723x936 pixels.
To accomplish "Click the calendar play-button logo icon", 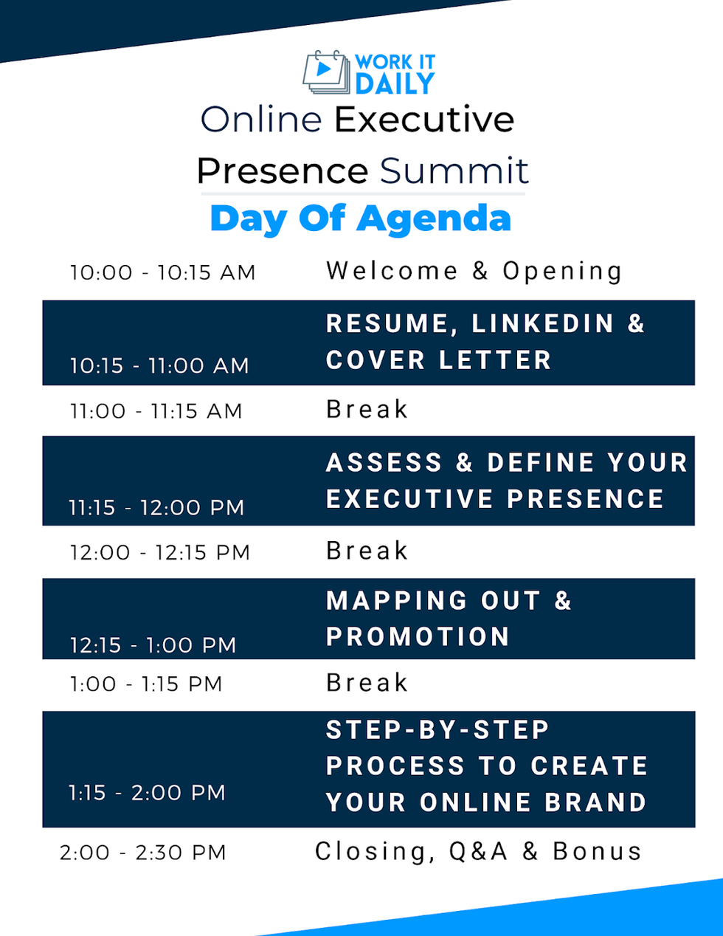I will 325,72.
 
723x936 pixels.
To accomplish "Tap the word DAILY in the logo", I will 395,84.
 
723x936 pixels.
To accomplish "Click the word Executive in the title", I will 424,120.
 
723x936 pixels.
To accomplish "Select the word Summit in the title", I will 454,171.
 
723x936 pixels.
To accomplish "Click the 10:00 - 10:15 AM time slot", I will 163,272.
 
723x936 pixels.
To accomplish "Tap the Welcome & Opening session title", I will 474,271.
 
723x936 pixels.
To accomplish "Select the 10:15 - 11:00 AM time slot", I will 159,365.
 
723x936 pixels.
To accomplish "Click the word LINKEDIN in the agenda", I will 542,323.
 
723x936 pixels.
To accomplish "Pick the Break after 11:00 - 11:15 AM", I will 367,409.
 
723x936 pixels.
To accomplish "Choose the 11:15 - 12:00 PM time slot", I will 156,507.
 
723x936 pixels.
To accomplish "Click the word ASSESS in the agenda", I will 384,462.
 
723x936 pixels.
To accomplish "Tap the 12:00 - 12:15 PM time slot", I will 160,552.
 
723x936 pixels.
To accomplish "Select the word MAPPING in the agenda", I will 397,600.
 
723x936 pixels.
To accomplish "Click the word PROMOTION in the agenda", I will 418,636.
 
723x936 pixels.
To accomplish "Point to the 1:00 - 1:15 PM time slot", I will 146,684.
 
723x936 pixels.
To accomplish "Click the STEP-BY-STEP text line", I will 437,729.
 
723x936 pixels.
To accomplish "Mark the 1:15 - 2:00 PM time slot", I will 147,793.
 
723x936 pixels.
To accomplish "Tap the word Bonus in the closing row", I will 597,851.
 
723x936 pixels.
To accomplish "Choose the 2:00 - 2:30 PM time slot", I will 143,853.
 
